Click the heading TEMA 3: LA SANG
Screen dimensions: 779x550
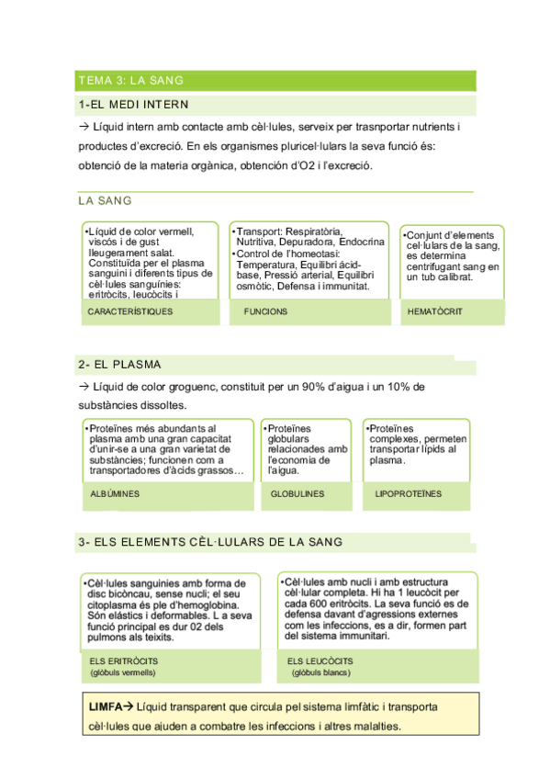[130, 81]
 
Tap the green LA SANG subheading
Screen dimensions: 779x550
[105, 200]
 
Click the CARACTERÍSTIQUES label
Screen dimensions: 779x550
[129, 311]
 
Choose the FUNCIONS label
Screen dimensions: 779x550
[265, 311]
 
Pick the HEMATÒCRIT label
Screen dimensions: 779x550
[434, 311]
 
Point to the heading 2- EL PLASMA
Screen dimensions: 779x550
[118, 366]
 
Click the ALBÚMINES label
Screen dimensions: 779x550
[115, 493]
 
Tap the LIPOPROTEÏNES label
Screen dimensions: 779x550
[409, 493]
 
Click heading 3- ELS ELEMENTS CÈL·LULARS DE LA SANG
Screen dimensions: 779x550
[211, 543]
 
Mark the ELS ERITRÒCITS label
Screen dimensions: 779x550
[123, 661]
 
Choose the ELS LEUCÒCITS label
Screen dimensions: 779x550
[320, 661]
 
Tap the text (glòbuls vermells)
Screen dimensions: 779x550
[123, 673]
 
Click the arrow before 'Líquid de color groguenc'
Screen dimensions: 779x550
[84, 387]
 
